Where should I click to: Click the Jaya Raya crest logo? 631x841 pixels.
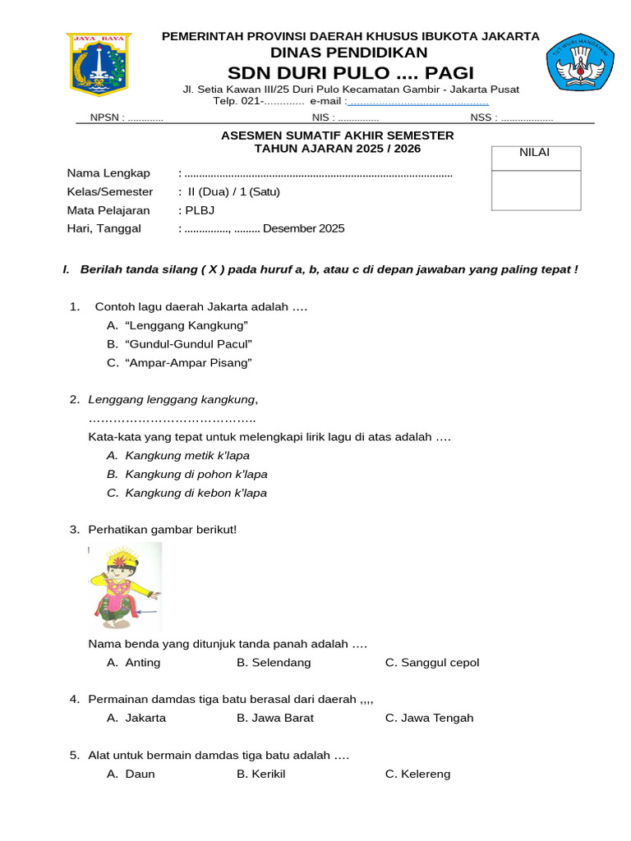(99, 65)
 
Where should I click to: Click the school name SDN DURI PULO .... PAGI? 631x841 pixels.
(351, 72)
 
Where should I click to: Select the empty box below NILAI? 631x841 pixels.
(536, 191)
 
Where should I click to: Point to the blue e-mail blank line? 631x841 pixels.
(418, 102)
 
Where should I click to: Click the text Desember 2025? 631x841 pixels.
(304, 228)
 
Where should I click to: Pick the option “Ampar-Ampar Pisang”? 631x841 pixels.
(188, 362)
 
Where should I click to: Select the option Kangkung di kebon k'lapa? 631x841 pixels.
(196, 493)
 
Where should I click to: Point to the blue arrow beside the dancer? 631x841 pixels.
(149, 612)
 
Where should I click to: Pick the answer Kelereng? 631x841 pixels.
(425, 774)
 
